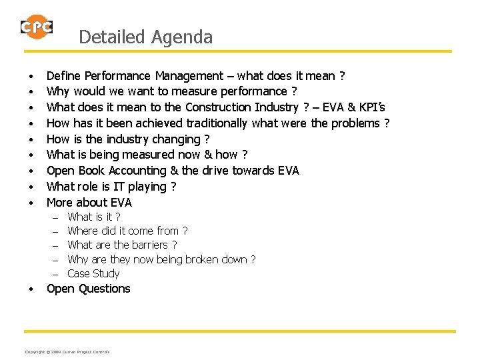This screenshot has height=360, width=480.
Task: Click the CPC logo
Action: coord(37,27)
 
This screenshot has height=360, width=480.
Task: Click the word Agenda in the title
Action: coord(182,37)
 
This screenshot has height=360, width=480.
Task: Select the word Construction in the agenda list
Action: coord(219,107)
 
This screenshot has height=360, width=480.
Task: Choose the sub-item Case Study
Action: coord(93,273)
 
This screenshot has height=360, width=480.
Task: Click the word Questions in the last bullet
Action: coord(105,289)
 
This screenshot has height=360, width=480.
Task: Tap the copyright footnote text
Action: coord(67,352)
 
